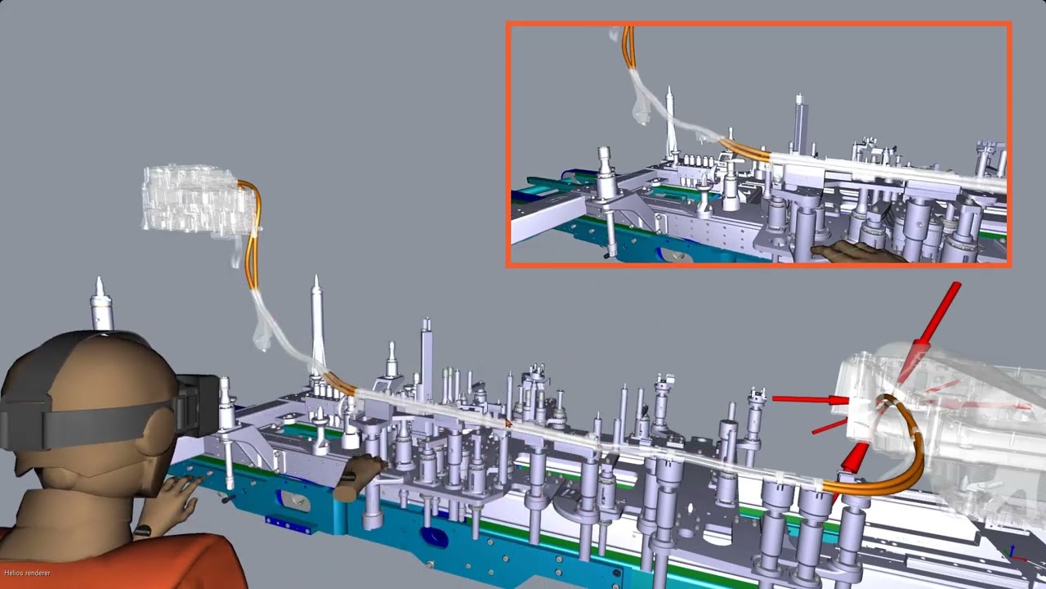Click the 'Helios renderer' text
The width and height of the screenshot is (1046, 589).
click(27, 573)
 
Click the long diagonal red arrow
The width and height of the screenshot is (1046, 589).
click(929, 332)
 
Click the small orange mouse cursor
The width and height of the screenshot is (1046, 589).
click(508, 423)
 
